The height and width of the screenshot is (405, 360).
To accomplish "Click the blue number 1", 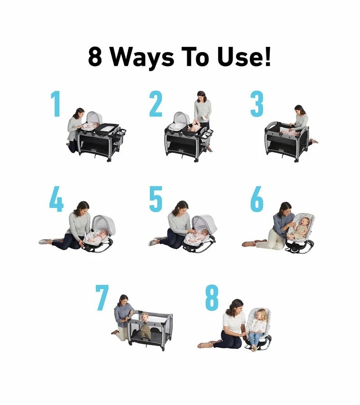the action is pos(56,103).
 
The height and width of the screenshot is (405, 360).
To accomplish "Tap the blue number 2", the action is pos(156,103).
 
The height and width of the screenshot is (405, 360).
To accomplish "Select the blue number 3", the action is pos(256,103).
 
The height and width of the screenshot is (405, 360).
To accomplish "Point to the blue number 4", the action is pos(56,199).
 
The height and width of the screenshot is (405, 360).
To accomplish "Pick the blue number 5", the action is pos(156,199).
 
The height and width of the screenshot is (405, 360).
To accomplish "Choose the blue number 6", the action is pos(257,199).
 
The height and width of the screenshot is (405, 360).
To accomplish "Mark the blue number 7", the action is pos(102,297).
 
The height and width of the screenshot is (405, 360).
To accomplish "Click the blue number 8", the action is pos(212,297).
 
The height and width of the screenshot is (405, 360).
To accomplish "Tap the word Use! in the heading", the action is pos(244,57).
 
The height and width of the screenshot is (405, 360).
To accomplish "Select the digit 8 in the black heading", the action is pos(95,57).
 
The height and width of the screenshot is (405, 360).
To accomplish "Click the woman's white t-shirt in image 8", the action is pos(233,323).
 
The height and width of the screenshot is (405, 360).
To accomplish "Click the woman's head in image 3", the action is pos(300,110).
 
